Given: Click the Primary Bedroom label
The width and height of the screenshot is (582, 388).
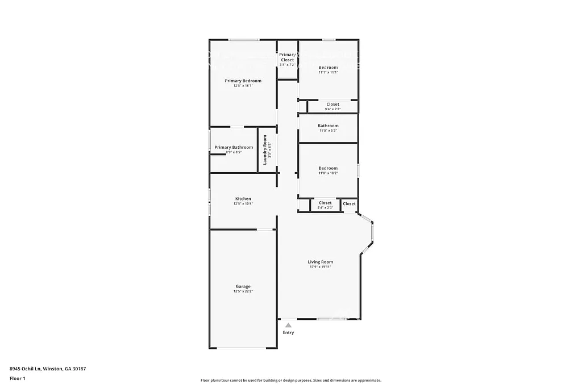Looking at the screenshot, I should point(243,81).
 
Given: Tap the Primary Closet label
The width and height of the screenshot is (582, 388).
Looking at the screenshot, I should point(287,57).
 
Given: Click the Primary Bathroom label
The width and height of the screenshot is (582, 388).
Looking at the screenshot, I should point(234,147).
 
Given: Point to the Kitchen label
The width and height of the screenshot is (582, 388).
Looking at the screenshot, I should point(243,199).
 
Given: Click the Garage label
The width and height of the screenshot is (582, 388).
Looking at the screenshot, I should point(243,286).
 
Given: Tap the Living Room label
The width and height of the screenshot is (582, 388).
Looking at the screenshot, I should point(320,262).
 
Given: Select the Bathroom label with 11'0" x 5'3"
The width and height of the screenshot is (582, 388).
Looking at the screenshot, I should point(328,126).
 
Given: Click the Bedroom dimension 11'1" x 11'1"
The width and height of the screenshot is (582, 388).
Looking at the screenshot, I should point(328,72).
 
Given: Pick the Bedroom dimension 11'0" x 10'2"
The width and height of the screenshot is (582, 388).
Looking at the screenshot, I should point(328,173).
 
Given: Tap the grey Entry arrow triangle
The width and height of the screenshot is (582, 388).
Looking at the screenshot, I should point(288,325).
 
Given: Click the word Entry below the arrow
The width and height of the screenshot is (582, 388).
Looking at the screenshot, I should point(288,332).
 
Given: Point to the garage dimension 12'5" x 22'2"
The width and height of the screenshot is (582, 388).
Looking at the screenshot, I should point(243,291).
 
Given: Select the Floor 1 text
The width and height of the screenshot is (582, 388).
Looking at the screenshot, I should point(18,378).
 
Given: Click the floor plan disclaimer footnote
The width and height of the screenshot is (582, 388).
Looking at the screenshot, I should point(290,381).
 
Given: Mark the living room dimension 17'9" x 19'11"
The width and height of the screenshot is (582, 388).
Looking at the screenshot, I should point(320,267).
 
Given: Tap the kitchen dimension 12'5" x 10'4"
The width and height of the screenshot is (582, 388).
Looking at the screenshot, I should point(243,204).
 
